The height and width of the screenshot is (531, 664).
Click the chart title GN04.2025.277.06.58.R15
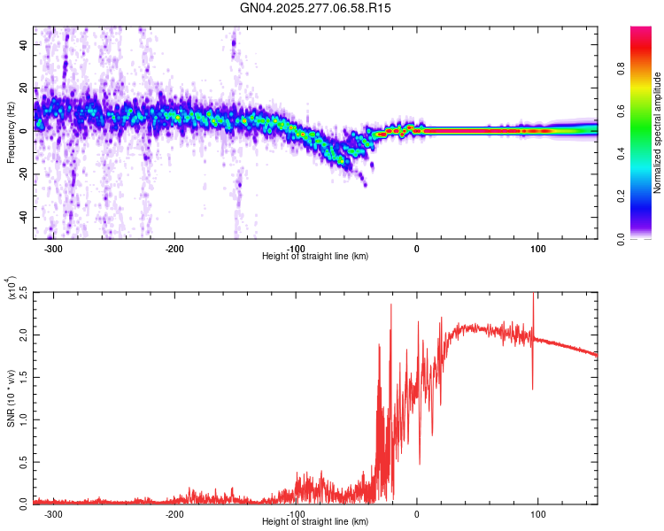coord(315,8)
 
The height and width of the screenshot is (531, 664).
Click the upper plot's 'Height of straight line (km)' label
coord(315,257)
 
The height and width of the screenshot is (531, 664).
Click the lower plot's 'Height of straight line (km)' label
coord(315,522)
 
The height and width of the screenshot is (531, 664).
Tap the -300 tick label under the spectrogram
coord(53,249)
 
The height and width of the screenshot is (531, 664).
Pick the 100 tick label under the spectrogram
coord(537,249)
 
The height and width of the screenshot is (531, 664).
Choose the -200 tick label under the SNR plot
coord(174,514)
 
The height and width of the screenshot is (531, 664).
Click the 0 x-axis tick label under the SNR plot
coord(417,514)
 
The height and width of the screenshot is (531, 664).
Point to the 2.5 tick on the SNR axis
coord(24,291)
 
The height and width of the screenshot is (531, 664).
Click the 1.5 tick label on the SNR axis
coord(24,376)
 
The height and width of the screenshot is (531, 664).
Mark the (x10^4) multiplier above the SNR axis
coord(12,289)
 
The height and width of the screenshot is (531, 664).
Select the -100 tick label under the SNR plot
coord(296,514)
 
